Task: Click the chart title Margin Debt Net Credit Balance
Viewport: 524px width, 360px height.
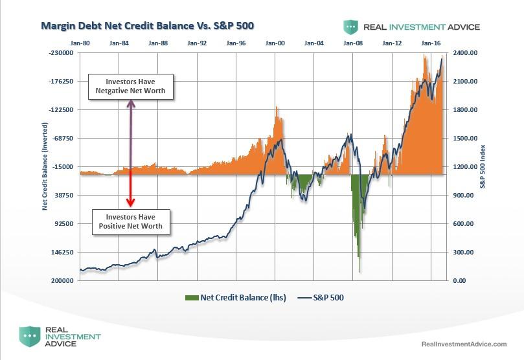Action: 147,26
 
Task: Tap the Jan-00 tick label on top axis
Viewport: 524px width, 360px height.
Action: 275,43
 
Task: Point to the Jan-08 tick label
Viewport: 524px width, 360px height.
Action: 353,43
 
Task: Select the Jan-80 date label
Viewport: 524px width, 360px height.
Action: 80,43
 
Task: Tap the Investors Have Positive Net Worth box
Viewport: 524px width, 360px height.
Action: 131,221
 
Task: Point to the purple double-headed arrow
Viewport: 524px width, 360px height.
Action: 131,133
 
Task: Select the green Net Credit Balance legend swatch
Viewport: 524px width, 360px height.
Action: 192,298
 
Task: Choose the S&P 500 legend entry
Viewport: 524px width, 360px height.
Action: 321,298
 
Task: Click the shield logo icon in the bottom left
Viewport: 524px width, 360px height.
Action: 28,337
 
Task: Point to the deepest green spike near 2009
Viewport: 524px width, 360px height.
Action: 359,271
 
